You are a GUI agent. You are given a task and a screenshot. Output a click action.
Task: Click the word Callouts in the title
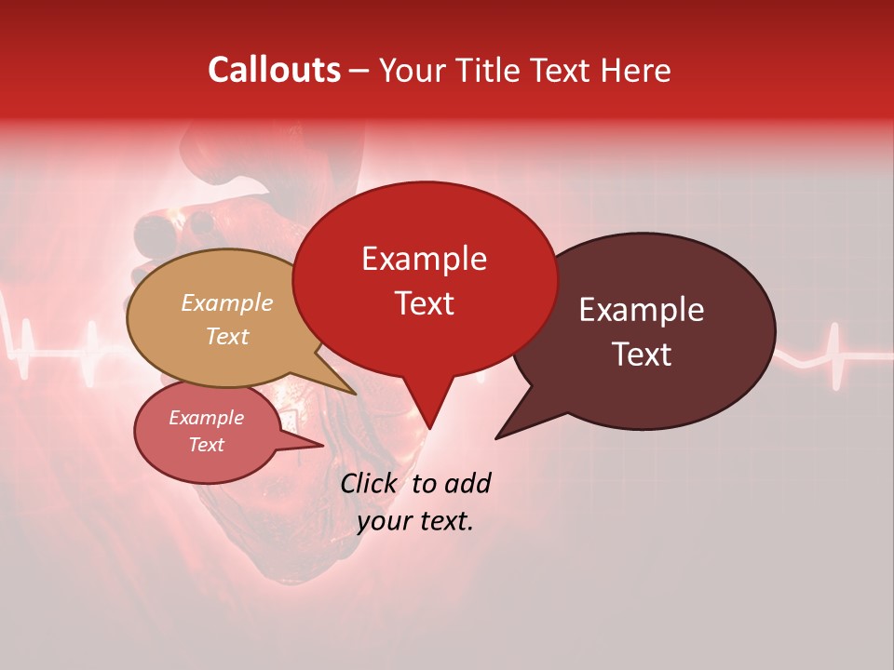tap(274, 70)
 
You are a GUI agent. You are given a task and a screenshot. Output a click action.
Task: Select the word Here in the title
tap(637, 70)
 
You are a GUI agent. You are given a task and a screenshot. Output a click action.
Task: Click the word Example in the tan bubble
tap(227, 302)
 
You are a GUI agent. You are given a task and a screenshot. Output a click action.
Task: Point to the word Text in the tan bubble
tap(227, 336)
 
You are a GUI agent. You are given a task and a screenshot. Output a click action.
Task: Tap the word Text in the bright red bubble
tap(424, 302)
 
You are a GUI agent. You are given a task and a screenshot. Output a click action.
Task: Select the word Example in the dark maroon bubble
tap(642, 310)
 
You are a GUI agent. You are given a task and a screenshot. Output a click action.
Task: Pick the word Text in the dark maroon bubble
tap(642, 354)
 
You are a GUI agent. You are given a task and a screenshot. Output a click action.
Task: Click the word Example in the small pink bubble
tap(207, 418)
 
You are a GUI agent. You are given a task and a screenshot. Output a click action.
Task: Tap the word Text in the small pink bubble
tap(207, 445)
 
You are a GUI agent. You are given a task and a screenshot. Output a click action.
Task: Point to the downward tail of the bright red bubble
tap(429, 414)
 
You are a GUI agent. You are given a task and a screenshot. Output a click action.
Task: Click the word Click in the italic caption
tap(370, 483)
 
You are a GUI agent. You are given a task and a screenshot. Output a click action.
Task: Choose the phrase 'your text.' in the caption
tap(415, 521)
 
